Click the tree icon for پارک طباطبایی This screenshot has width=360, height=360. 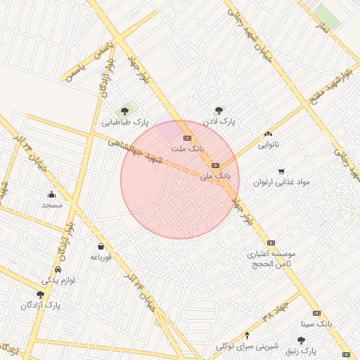pos(125,110)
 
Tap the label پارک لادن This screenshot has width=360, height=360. pos(219,122)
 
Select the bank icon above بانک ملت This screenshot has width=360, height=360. pos(187,138)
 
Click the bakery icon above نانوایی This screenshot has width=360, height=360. pos(268,134)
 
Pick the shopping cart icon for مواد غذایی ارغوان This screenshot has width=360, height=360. pos(281,171)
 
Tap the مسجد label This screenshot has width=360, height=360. pos(52,205)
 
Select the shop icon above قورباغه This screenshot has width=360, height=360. pos(101,246)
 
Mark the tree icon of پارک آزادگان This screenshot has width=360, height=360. pos(40,295)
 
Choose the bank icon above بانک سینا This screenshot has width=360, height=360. pos(316,314)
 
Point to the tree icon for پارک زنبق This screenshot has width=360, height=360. pos(302,340)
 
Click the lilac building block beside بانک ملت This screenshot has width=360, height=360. pos(169,130)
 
